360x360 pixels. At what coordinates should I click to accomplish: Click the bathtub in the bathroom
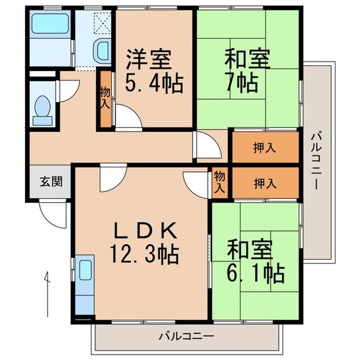coord(50,23)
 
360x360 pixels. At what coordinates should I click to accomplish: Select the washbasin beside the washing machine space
coord(102,51)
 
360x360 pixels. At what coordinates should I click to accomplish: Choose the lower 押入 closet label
coord(265,183)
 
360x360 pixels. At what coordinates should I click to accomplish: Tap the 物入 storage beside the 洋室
coord(105,98)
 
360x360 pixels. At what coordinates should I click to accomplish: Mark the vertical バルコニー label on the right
coord(315,160)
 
